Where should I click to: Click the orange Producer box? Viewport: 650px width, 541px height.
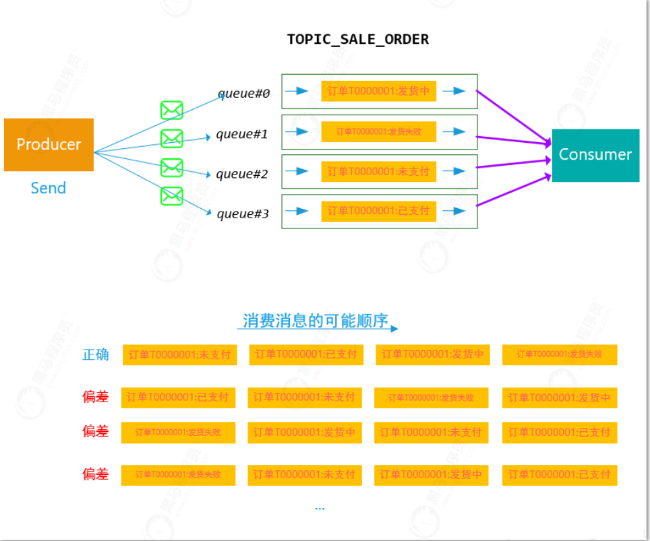49,144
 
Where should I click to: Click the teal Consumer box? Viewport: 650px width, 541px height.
595,155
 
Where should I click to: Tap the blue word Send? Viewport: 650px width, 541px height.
49,188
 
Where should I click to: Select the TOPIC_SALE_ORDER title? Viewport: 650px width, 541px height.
357,39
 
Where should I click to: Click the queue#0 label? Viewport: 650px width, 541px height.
243,94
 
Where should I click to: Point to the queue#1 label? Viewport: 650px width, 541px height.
242,134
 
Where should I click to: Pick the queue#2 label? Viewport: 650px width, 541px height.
242,174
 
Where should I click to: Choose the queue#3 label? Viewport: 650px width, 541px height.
243,214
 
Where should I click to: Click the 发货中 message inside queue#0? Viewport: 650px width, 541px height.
378,91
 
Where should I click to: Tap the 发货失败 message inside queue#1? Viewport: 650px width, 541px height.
378,131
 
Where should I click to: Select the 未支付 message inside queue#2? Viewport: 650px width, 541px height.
378,171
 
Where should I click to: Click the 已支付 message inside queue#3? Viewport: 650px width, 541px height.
378,211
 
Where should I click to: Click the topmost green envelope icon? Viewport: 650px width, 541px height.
172,110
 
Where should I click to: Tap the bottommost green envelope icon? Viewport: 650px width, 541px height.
172,196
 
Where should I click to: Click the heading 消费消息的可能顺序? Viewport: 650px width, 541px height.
316,321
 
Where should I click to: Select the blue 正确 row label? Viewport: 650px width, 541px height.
95,354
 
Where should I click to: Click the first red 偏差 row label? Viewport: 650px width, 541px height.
95,397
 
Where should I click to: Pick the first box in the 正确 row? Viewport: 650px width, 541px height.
179,354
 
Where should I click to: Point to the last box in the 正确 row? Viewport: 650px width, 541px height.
559,354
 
